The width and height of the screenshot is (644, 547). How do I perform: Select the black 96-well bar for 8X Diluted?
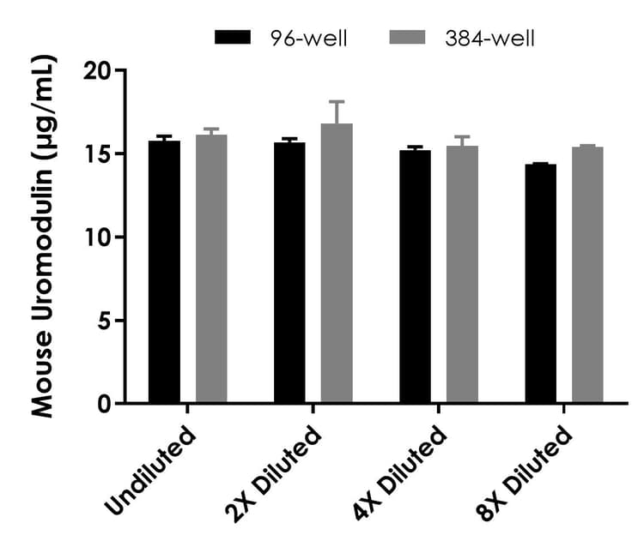[541, 283]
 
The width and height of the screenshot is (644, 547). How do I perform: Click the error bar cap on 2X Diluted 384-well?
[337, 101]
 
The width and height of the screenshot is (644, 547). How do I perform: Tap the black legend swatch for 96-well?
[233, 38]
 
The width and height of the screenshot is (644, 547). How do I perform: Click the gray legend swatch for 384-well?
[407, 38]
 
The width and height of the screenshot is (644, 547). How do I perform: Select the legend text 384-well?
[485, 39]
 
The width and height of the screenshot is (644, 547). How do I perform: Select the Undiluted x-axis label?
[152, 470]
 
